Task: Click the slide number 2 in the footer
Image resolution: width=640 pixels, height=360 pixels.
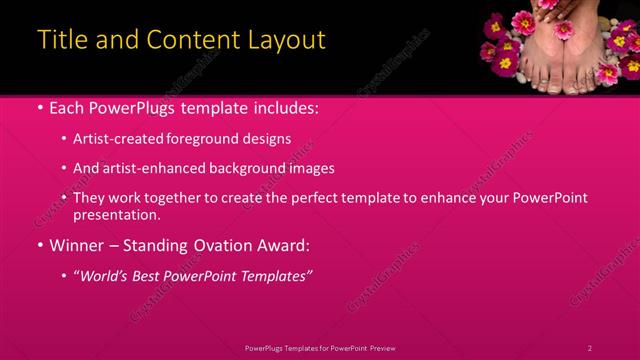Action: click(590, 348)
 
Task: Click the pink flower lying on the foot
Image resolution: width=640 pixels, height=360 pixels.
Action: click(562, 30)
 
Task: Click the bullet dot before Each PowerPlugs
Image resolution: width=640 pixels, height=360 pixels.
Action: click(39, 108)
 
